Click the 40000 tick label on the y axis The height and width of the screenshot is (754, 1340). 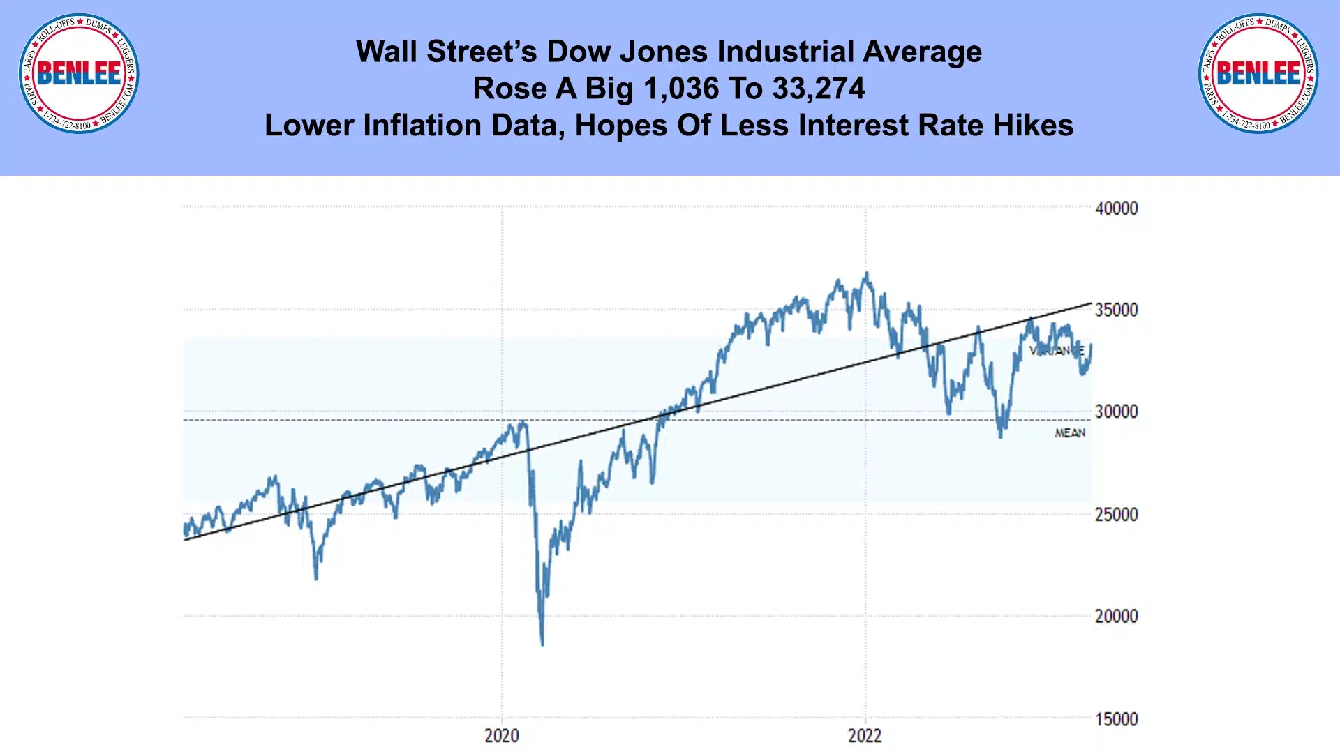[x=1116, y=209]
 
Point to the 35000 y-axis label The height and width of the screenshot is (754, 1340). [x=1116, y=310]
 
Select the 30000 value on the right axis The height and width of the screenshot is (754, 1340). [x=1116, y=412]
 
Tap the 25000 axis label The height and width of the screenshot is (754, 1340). [x=1116, y=515]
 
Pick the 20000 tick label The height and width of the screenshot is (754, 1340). [x=1116, y=617]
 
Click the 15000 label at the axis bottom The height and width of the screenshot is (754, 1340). [x=1116, y=719]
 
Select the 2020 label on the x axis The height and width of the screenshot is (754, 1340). [x=502, y=736]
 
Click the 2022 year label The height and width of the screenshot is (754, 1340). [x=865, y=736]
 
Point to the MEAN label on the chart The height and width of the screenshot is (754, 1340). [x=1070, y=433]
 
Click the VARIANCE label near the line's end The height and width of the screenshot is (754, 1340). [x=1057, y=351]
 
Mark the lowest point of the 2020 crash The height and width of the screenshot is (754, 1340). [x=542, y=644]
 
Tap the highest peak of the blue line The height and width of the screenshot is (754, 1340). [x=867, y=273]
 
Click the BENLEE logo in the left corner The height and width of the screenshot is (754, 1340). [x=79, y=73]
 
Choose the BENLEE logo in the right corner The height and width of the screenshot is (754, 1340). [x=1258, y=73]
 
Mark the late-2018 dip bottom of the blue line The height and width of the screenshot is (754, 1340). [x=316, y=578]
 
